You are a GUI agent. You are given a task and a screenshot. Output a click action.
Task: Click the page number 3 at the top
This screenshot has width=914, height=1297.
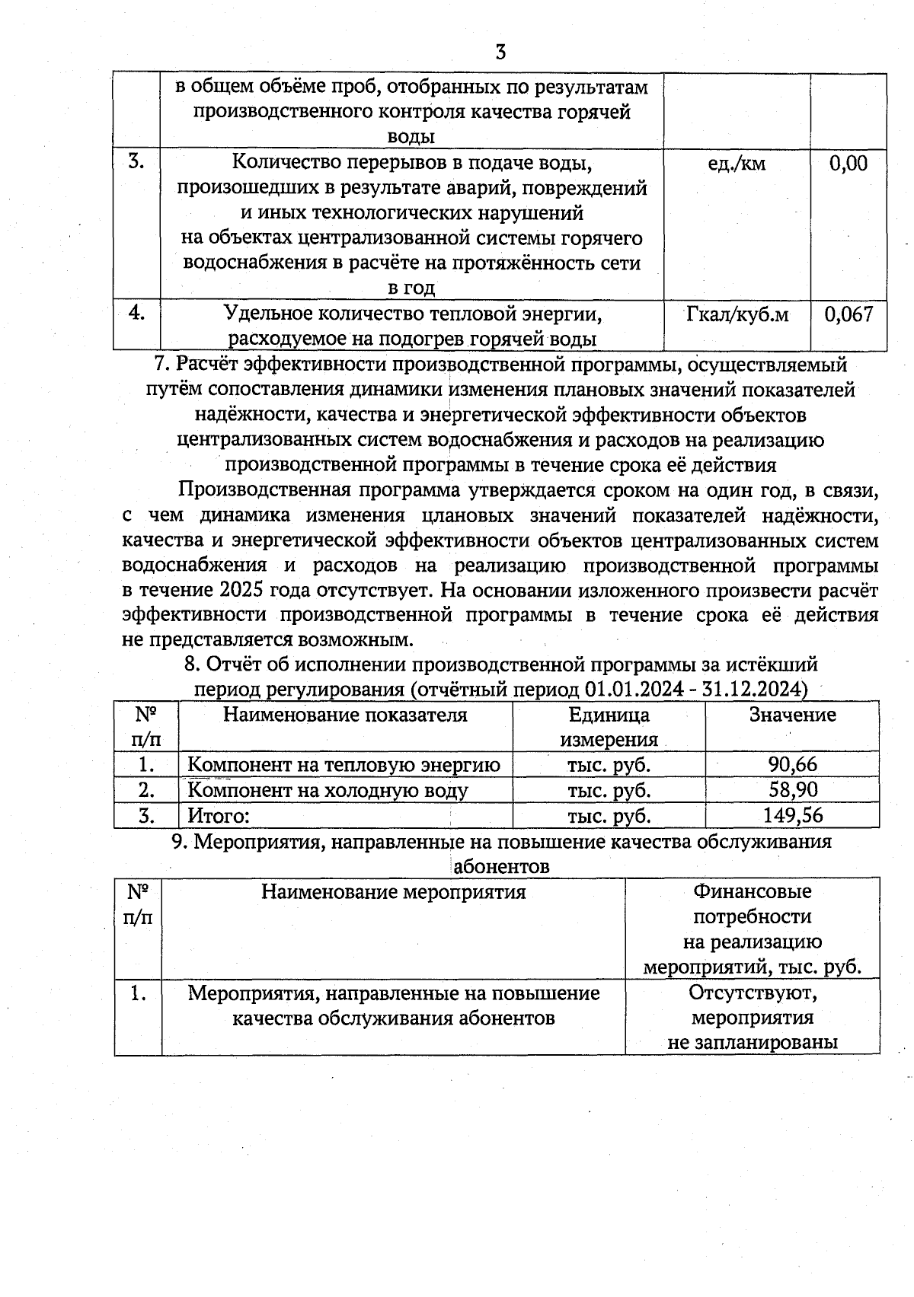point(500,52)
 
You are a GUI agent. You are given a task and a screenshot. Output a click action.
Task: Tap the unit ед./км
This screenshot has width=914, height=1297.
point(737,163)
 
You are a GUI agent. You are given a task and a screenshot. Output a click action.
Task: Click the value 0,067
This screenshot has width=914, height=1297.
point(848,314)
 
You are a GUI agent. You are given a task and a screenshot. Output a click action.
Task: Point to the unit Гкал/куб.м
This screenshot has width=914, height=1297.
point(737,314)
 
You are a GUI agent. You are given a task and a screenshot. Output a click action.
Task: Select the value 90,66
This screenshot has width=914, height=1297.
point(793,764)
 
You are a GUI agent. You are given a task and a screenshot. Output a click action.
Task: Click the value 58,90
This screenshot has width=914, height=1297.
point(793,789)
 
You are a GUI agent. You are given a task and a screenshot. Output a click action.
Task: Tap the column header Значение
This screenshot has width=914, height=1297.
point(792,715)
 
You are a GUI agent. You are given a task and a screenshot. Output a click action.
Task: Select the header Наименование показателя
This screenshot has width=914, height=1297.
point(345,715)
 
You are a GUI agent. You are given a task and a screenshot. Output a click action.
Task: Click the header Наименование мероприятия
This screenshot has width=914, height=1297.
point(393,891)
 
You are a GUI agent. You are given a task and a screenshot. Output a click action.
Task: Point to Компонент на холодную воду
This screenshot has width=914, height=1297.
point(328,790)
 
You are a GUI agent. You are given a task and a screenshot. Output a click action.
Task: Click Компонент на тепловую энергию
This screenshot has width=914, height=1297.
point(344,764)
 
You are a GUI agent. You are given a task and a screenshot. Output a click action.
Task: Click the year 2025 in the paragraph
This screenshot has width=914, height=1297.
point(241,591)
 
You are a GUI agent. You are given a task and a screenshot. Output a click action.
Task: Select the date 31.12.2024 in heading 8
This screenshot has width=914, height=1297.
point(750,690)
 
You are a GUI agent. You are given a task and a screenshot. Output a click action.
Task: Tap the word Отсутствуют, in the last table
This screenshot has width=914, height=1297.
point(753,993)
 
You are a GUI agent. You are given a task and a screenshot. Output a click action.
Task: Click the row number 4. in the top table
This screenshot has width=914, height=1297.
point(136,313)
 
